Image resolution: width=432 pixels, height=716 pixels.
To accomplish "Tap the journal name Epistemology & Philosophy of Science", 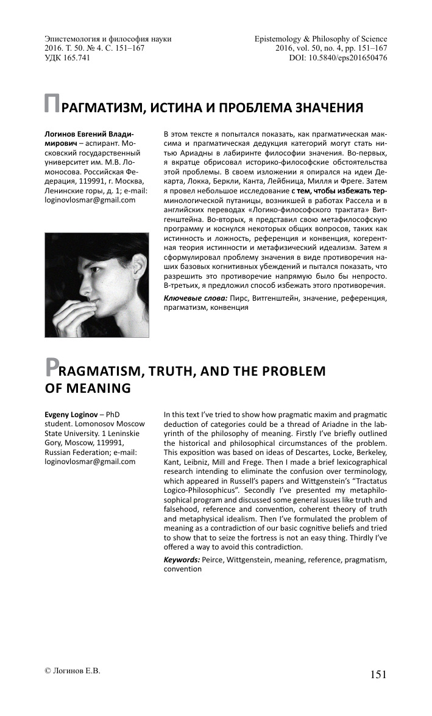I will pos(320,39).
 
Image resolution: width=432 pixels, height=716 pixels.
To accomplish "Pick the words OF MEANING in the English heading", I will pos(88,388).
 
